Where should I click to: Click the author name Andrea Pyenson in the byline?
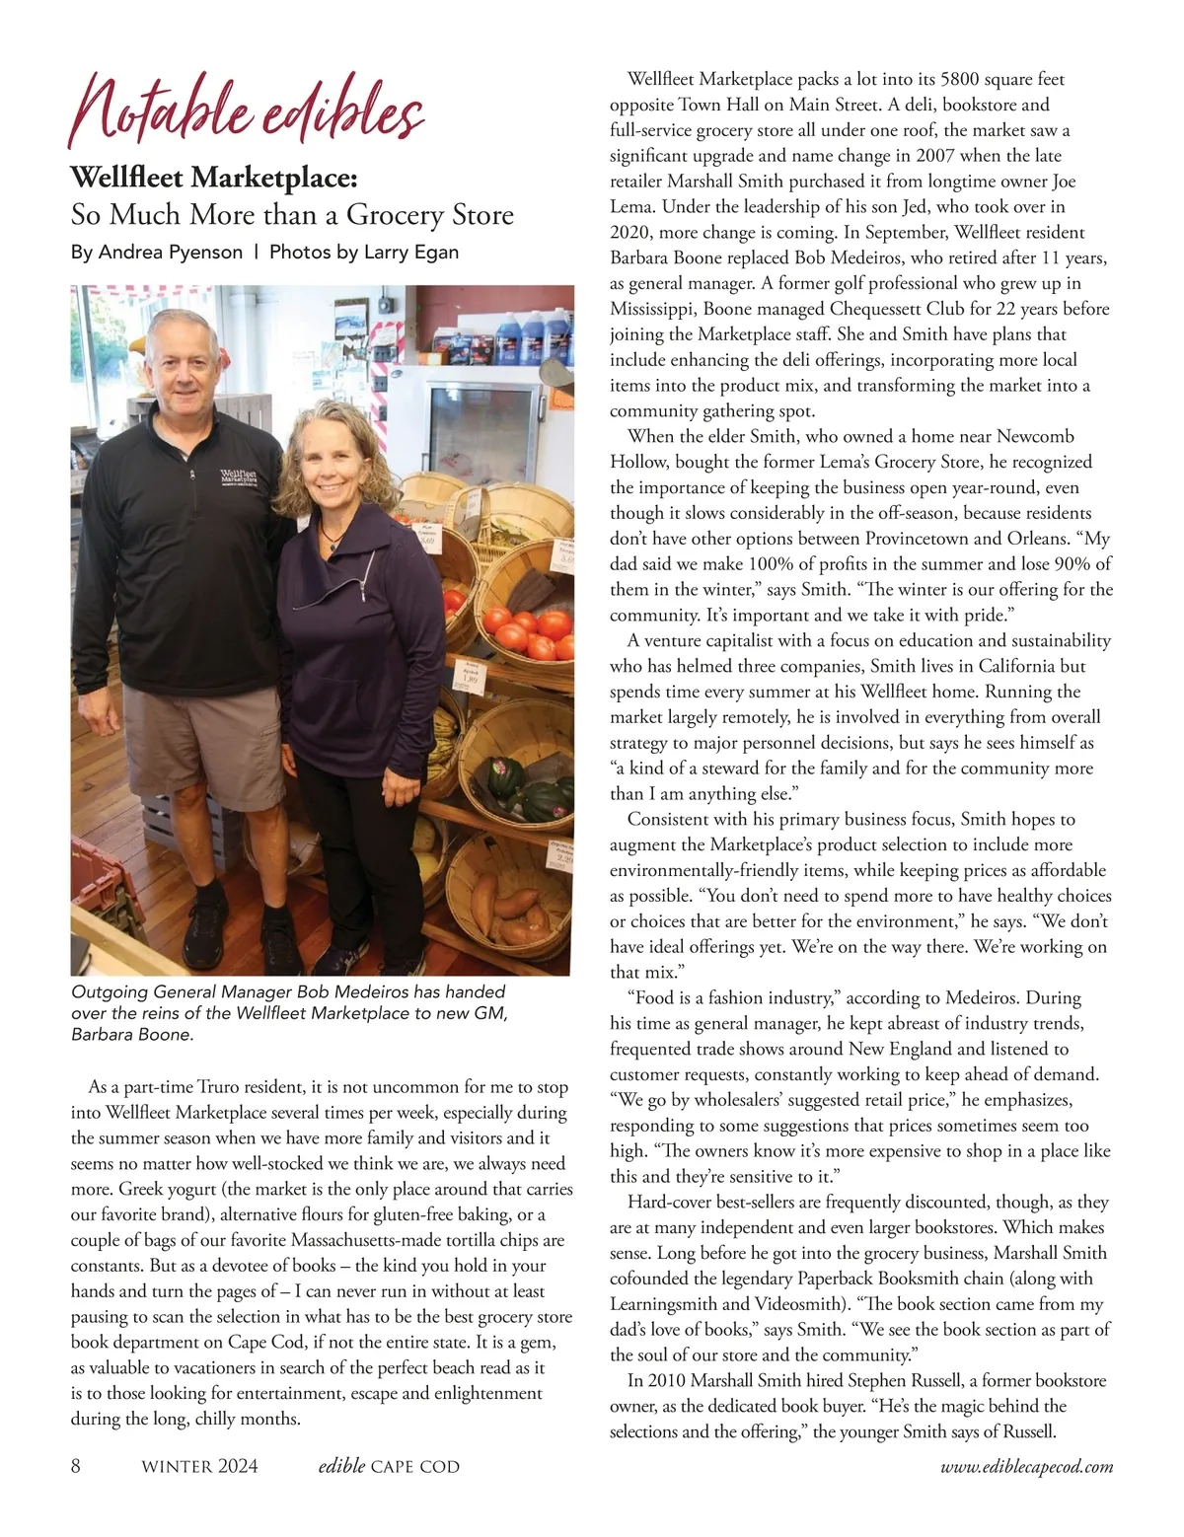[x=170, y=252]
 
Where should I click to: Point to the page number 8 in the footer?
[x=77, y=1466]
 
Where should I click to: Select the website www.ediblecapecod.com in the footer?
[x=1026, y=1467]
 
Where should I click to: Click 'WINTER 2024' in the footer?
[x=200, y=1467]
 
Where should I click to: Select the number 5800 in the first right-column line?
[x=962, y=79]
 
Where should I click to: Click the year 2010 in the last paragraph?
[x=670, y=1380]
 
